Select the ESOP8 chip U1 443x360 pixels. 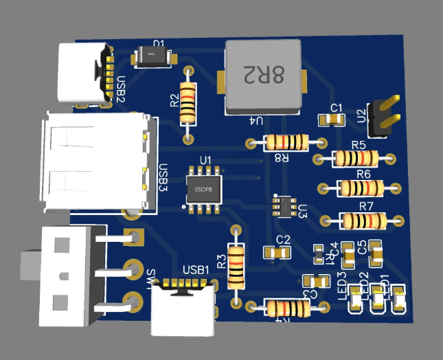[203, 188]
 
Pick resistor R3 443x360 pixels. [236, 267]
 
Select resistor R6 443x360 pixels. [360, 188]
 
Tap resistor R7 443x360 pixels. [363, 221]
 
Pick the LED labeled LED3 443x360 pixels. [356, 300]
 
